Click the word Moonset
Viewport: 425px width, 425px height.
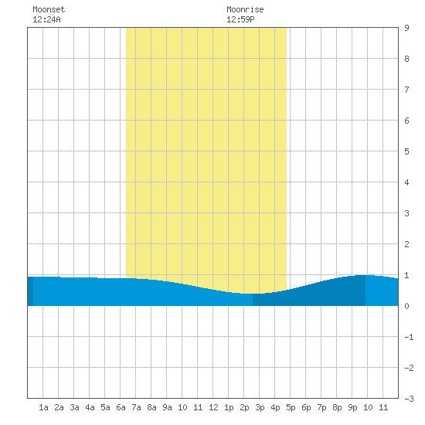point(49,9)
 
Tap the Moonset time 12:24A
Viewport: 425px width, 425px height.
point(46,19)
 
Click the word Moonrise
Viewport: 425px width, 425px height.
point(245,9)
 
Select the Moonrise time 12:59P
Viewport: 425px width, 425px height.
point(240,19)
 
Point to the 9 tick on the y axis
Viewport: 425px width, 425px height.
point(406,28)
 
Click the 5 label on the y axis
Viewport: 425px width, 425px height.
point(406,151)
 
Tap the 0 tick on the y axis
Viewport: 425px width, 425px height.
point(406,306)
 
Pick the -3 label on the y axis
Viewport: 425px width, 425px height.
point(409,399)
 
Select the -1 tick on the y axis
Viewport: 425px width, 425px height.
point(409,337)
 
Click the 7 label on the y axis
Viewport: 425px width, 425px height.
point(406,90)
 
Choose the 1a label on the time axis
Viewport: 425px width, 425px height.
point(43,407)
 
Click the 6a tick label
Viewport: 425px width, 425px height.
point(121,407)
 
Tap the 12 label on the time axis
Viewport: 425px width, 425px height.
point(213,407)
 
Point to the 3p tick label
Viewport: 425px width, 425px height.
point(260,407)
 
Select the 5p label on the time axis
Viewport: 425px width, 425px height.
point(291,407)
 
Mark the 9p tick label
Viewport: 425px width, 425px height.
point(352,407)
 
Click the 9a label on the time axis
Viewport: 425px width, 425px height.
point(167,407)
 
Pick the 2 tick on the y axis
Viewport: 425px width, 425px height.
point(406,244)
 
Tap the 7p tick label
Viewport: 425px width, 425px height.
point(321,407)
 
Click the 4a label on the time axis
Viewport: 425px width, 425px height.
point(90,407)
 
